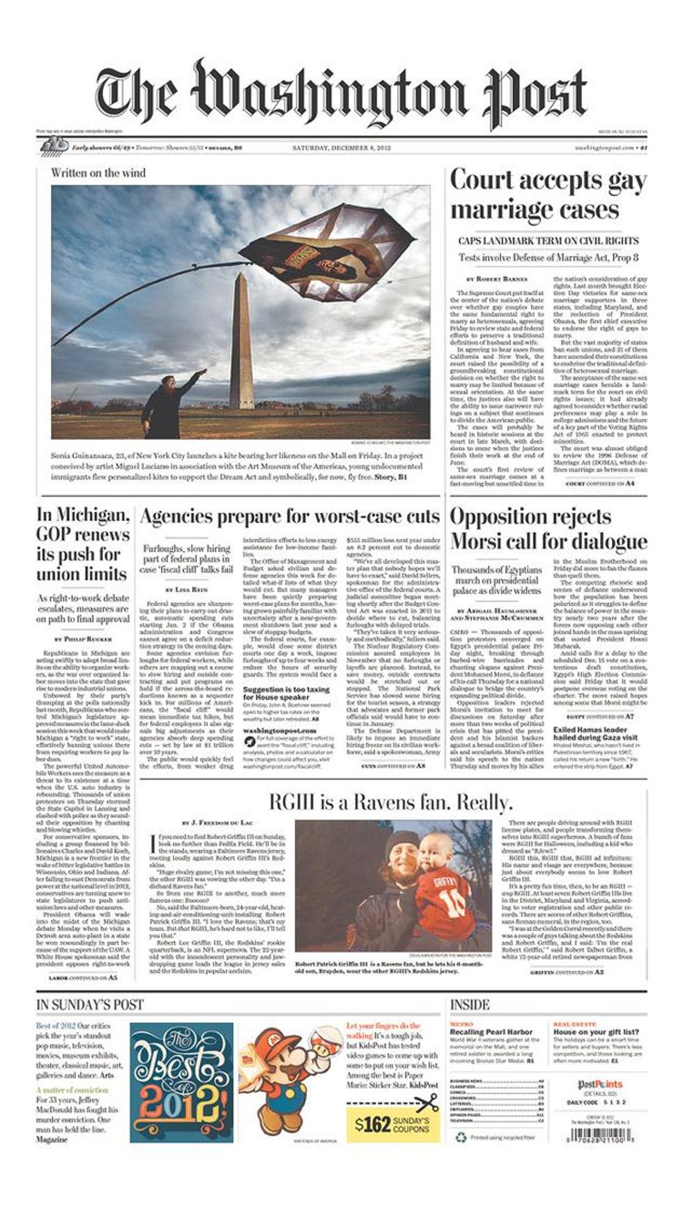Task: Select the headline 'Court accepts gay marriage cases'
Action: pos(548,195)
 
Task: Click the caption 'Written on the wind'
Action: pos(98,173)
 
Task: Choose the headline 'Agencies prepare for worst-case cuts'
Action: pos(290,517)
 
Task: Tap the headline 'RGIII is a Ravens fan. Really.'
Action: pos(390,802)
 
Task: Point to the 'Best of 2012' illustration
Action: pos(182,1081)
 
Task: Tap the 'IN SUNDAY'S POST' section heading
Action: pos(90,1005)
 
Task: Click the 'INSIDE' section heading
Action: pos(470,1005)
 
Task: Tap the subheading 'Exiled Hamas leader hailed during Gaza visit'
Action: pos(595,734)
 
